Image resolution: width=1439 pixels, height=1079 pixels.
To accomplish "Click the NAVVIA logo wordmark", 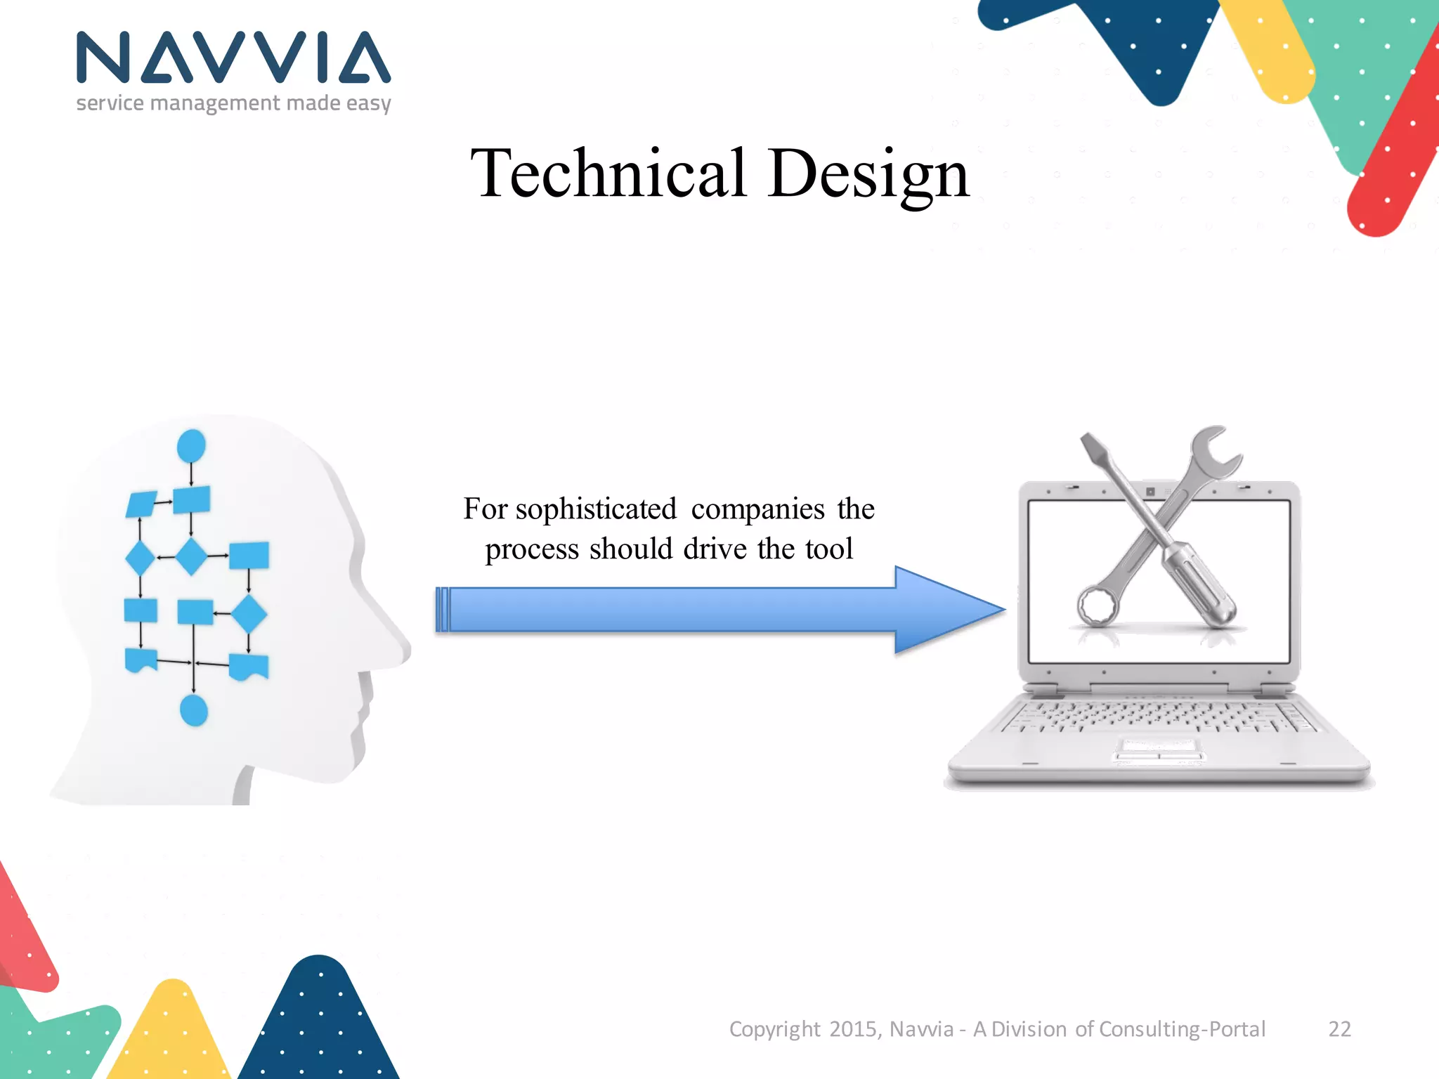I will point(233,58).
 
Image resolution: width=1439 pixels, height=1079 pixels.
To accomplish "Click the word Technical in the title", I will point(608,174).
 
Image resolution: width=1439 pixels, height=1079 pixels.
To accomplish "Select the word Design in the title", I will point(868,174).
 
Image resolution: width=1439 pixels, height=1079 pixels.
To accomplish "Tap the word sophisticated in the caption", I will point(596,509).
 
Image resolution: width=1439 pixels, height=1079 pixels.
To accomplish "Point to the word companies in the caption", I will point(757,509).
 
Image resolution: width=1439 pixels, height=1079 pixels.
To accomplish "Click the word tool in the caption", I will point(829,549).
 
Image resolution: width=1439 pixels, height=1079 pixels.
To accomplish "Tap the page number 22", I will point(1339,1029).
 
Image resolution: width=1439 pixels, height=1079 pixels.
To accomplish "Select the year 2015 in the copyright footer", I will point(853,1029).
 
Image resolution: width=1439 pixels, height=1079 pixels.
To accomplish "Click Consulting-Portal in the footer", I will point(1182,1029).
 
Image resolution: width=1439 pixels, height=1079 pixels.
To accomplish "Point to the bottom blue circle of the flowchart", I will point(194,710).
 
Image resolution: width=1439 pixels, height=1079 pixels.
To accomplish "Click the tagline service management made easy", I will point(233,104).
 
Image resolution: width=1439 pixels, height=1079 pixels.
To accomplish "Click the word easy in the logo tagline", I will point(368,104).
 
